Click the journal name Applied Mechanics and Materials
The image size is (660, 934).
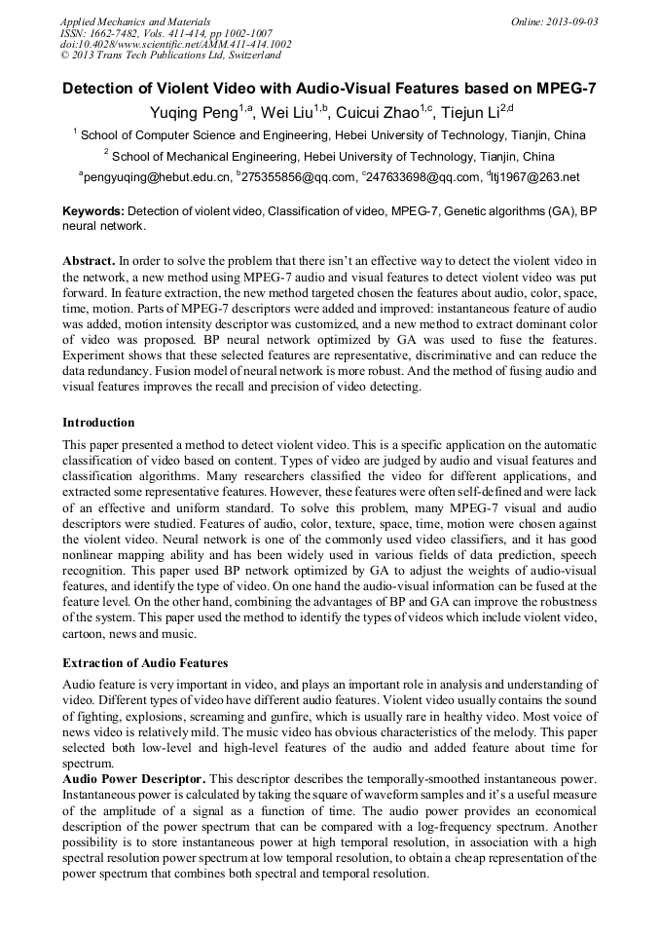[134, 20]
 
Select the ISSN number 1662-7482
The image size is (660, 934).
[119, 32]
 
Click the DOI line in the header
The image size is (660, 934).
[175, 44]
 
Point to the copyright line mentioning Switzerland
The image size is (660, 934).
[170, 56]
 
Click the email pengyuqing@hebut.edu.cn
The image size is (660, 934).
[158, 177]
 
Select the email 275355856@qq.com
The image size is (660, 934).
[298, 177]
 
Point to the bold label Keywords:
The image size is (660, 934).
[93, 210]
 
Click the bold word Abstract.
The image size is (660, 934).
[89, 262]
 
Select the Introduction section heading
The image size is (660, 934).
[98, 422]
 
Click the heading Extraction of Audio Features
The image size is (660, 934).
[145, 662]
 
